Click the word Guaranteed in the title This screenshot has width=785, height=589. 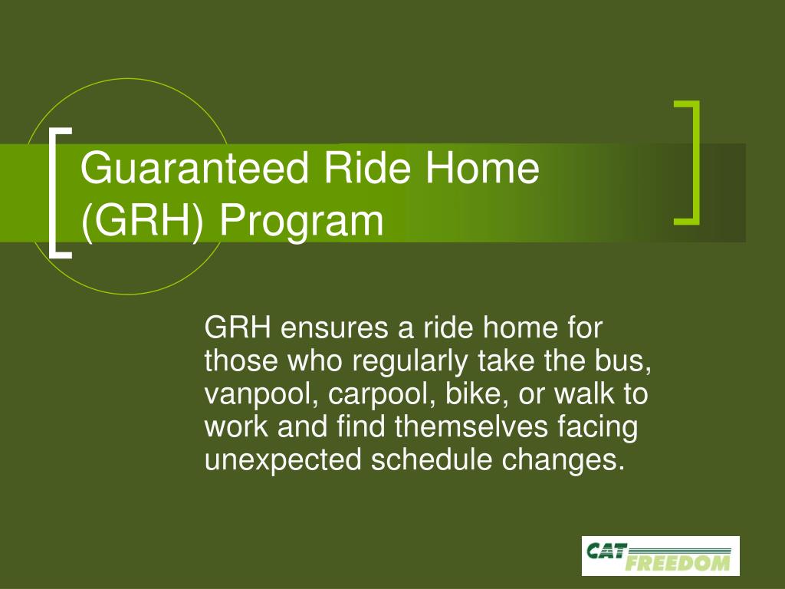coord(194,168)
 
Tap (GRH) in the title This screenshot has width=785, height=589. coord(143,221)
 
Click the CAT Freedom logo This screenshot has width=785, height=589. coord(660,556)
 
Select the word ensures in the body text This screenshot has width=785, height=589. coord(334,328)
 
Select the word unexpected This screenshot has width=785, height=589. coord(283,461)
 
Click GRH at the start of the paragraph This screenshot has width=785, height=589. coord(238,328)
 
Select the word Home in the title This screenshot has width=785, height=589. coord(482,168)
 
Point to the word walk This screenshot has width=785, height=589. coord(583,393)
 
